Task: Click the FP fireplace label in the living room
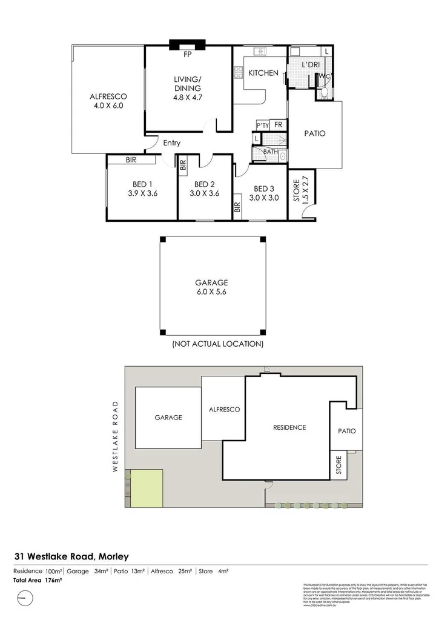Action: point(188,54)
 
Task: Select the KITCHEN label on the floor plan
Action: point(263,73)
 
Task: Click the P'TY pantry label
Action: point(262,125)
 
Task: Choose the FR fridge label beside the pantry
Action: point(278,124)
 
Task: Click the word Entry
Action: point(172,143)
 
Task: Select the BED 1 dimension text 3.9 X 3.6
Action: point(142,194)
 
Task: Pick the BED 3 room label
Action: point(263,188)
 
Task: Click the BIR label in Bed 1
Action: point(130,160)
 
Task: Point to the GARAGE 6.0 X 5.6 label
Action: point(211,287)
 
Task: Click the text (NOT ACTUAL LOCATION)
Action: point(217,344)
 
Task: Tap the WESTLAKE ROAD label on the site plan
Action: point(114,435)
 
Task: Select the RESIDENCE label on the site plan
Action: point(289,427)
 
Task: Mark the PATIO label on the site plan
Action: point(347,431)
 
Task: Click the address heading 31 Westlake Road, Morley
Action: point(71,556)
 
